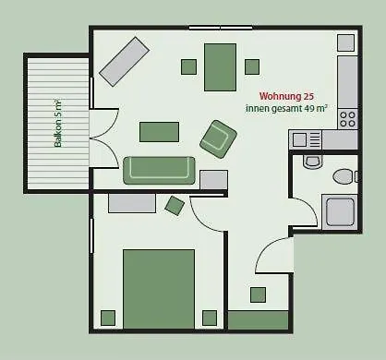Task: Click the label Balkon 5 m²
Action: coord(57,125)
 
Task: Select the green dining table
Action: coord(220,66)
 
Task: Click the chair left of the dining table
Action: coord(188,66)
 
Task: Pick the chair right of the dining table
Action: coord(251,66)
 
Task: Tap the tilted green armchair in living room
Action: coord(218,138)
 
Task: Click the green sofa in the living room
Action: coord(159,170)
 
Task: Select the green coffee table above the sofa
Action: coord(159,132)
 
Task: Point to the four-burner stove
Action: coord(348,118)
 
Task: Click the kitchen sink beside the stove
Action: coord(305,139)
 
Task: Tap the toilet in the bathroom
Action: coord(343,175)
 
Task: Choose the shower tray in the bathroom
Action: coord(340,211)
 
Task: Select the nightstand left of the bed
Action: coord(108,318)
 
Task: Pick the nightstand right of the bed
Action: coord(209,318)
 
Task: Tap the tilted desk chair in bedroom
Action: coord(175,205)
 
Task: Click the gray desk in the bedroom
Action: coord(131,202)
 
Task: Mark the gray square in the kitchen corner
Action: coord(345,42)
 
